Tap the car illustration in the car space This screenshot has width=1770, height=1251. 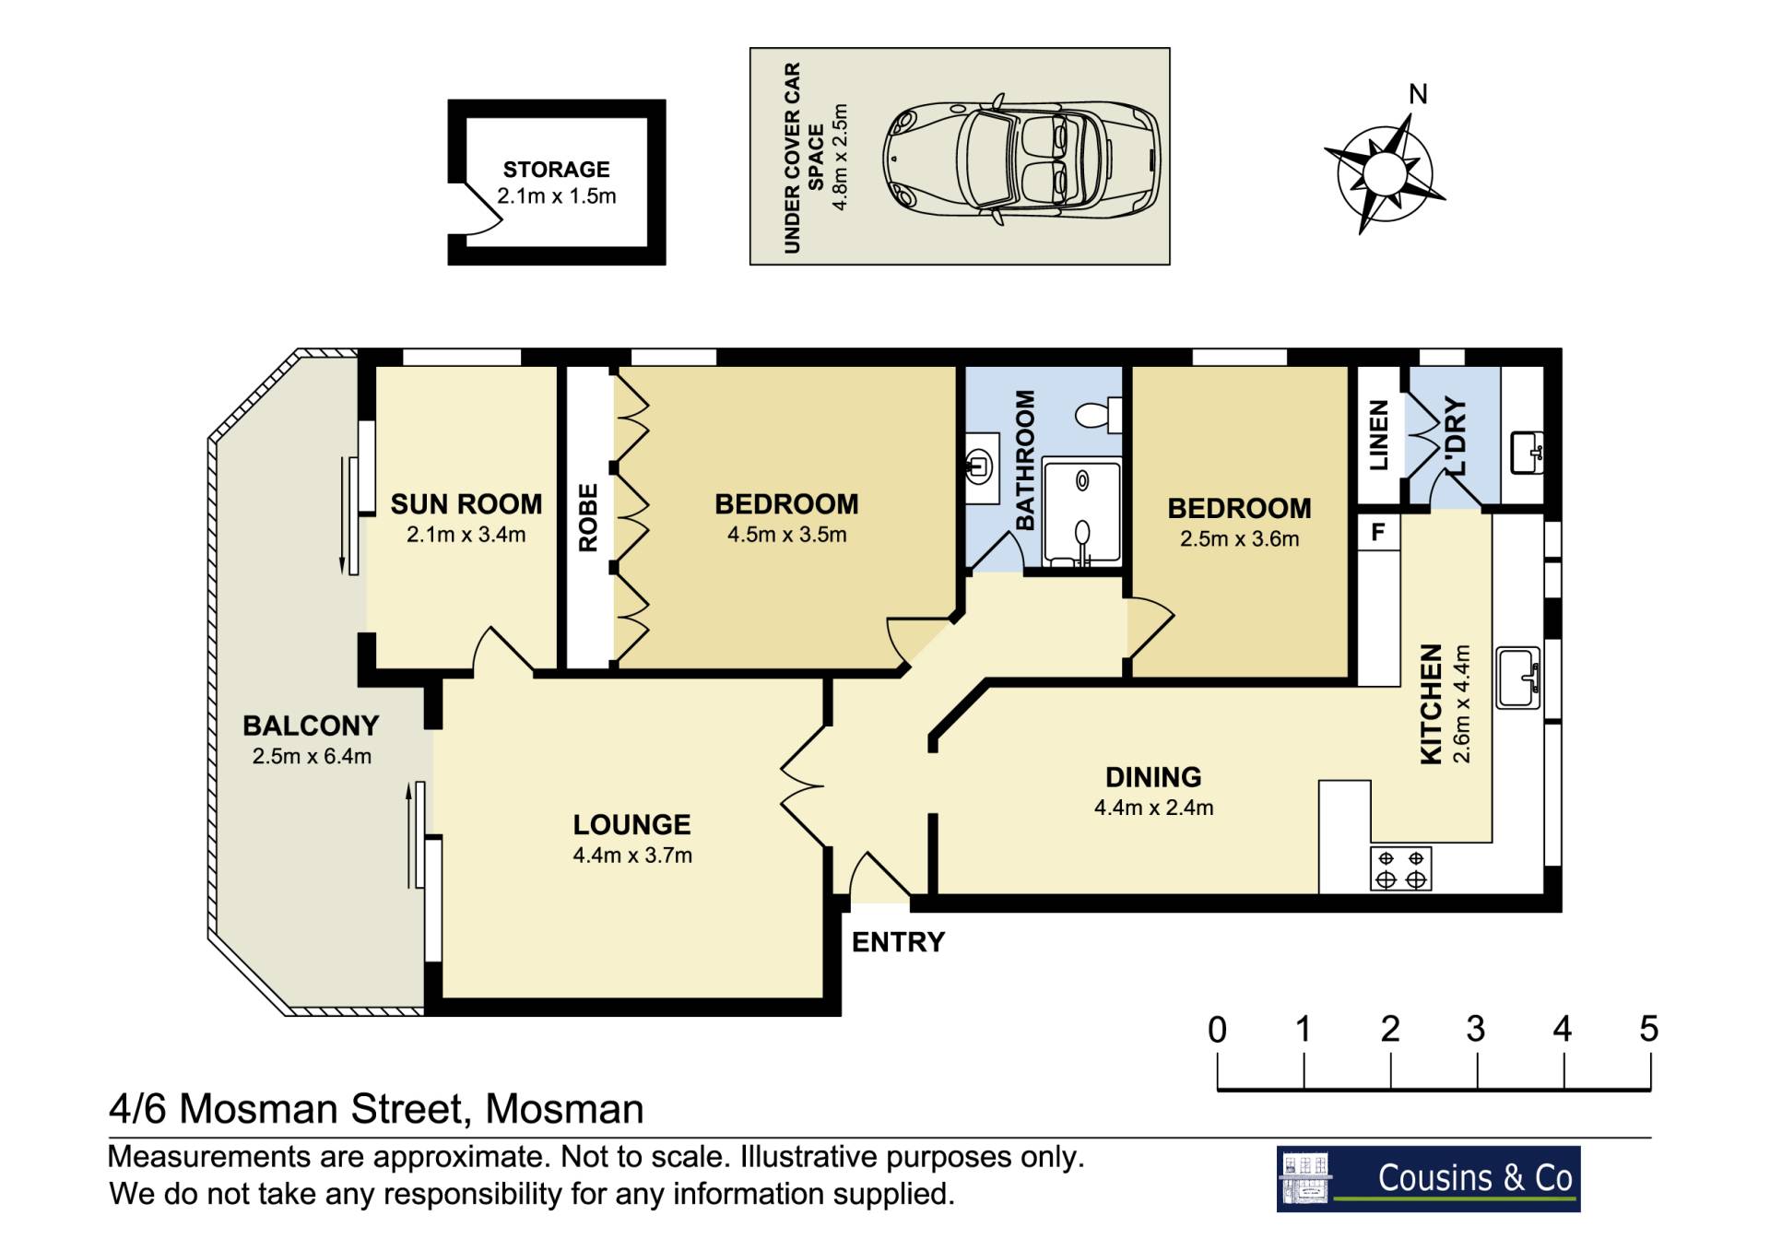1021,158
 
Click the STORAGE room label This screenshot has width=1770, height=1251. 556,170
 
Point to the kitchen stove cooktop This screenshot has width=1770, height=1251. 1400,868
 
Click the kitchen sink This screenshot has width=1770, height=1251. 1518,678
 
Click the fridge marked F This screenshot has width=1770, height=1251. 1378,532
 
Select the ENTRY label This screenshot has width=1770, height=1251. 898,942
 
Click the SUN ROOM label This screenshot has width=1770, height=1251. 466,504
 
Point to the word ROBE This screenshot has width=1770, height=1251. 588,518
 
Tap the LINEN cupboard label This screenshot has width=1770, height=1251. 1378,435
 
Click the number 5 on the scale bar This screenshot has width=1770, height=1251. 1649,1029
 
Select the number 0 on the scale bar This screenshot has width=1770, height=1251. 1217,1029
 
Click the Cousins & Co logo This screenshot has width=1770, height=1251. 1428,1178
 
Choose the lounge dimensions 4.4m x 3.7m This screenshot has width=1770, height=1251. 632,856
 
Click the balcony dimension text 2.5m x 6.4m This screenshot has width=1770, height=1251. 312,757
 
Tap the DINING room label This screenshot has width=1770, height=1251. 1153,777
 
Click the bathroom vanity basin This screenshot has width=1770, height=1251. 978,465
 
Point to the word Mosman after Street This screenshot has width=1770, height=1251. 564,1109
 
